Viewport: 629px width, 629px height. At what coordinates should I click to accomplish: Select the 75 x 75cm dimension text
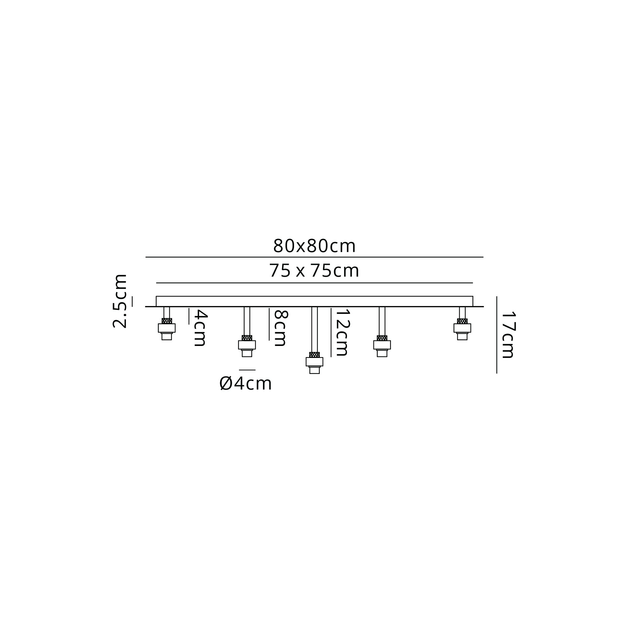(x=314, y=271)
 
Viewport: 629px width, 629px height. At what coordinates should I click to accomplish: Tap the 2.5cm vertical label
(x=120, y=301)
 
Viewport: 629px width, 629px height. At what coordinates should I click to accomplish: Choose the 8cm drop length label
(x=280, y=328)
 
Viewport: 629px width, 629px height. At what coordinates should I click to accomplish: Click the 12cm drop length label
(x=342, y=332)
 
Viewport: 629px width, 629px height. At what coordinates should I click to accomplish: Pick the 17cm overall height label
(x=508, y=335)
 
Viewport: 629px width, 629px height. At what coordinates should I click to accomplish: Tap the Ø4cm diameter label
(x=246, y=383)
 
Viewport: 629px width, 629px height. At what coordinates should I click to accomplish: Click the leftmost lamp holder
(x=167, y=329)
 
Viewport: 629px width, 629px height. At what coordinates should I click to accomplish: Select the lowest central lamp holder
(x=314, y=363)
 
